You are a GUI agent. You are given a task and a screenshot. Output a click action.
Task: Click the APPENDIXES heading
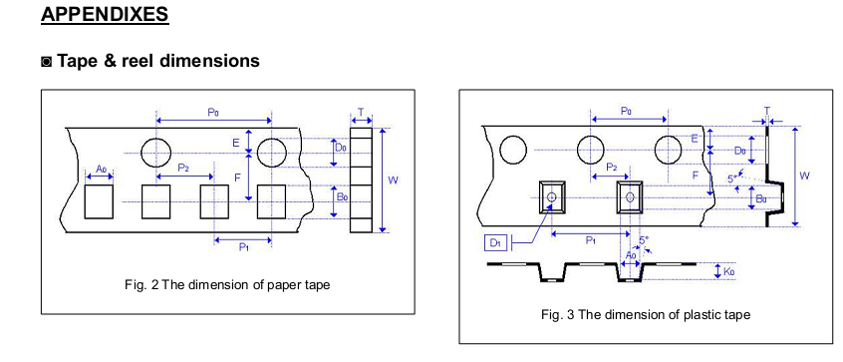pos(105,14)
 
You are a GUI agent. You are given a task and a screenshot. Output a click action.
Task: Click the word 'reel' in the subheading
pos(140,60)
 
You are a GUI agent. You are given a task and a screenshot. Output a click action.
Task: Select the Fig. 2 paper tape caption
pos(227,284)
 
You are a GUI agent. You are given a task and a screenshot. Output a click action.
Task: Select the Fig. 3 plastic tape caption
pos(645,314)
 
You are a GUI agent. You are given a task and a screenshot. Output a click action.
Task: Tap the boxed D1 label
pos(495,243)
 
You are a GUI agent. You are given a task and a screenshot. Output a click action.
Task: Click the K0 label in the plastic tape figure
pos(728,271)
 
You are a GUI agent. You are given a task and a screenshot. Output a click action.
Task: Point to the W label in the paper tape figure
pos(393,181)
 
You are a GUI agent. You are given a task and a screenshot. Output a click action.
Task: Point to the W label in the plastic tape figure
pos(804,176)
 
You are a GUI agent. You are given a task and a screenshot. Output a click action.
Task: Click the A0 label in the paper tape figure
pos(102,169)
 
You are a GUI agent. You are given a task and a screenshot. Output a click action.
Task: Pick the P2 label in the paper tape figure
pos(183,168)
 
